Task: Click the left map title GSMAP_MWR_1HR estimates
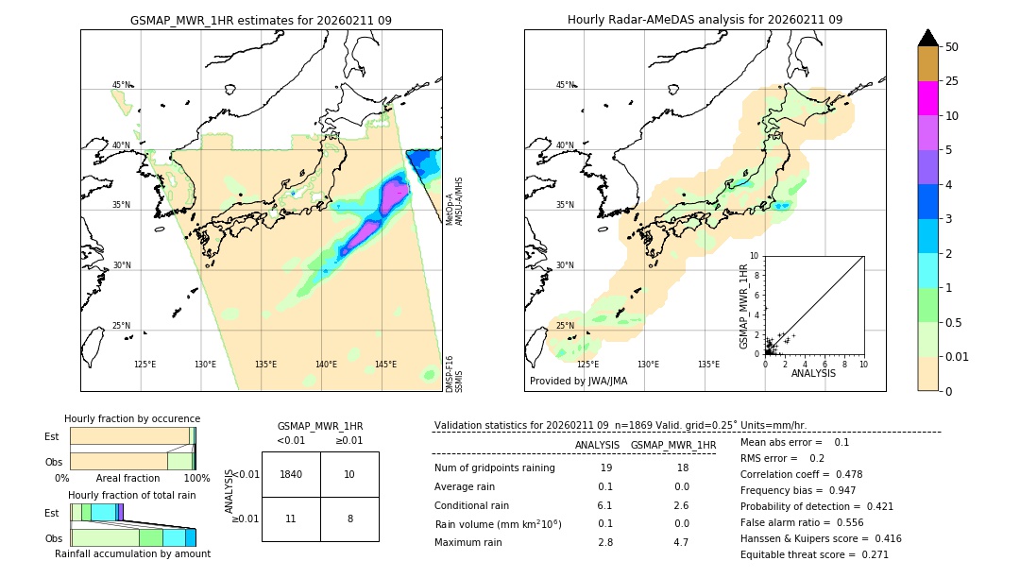[x=261, y=20]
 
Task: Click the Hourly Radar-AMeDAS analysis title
[x=705, y=20]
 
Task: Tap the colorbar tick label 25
[x=952, y=81]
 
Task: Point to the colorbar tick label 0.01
[x=958, y=356]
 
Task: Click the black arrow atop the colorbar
[x=928, y=38]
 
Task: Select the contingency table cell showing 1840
[x=291, y=474]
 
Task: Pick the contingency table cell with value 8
[x=349, y=518]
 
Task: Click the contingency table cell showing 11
[x=291, y=518]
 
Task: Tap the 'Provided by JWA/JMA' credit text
[x=578, y=382]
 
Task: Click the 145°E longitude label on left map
[x=385, y=365]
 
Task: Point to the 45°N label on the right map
[x=565, y=85]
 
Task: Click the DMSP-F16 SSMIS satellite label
[x=454, y=373]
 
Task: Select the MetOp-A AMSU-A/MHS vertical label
[x=454, y=200]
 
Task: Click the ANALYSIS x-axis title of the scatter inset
[x=813, y=373]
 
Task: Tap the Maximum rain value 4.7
[x=680, y=542]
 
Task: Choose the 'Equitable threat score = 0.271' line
[x=814, y=554]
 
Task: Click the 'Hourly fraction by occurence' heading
[x=132, y=418]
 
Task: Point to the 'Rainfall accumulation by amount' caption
[x=132, y=553]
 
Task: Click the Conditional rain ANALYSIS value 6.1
[x=605, y=505]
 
